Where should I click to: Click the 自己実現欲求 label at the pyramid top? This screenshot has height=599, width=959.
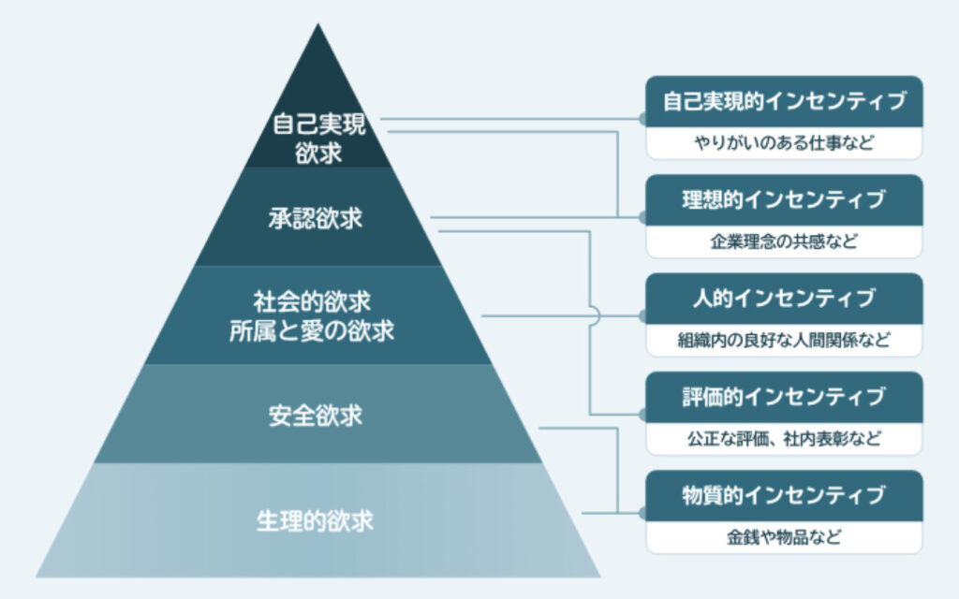[x=317, y=139]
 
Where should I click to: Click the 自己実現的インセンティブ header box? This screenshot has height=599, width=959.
[x=784, y=101]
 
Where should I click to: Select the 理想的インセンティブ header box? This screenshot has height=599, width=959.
[x=784, y=199]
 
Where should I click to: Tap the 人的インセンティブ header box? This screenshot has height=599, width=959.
[x=784, y=299]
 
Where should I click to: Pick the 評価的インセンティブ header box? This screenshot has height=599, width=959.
[x=784, y=397]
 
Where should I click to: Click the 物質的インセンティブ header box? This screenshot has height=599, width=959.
[x=784, y=495]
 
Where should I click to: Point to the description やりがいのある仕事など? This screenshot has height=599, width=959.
[x=784, y=143]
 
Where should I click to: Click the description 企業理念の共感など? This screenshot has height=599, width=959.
[x=784, y=241]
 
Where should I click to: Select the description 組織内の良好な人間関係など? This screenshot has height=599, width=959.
[x=784, y=341]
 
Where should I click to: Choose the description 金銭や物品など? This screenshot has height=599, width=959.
[x=784, y=537]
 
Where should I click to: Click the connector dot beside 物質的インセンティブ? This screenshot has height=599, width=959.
[x=643, y=513]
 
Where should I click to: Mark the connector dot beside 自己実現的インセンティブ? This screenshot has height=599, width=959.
[x=643, y=119]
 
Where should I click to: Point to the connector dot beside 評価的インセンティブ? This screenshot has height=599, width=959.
[x=643, y=414]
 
